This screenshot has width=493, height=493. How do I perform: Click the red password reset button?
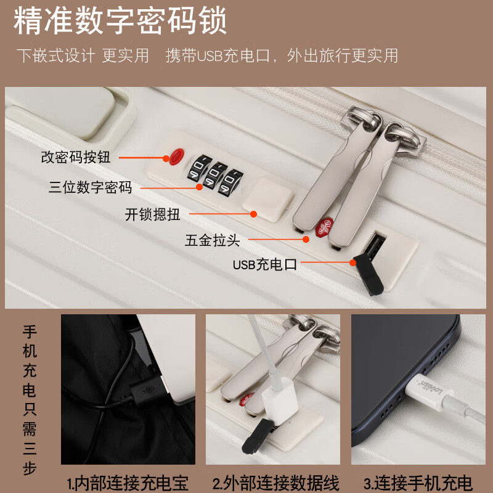pos(177,155)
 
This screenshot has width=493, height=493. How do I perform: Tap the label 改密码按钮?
pos(76,157)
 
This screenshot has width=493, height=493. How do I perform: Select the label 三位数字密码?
pos(91,187)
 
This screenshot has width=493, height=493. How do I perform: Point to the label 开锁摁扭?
pos(152,214)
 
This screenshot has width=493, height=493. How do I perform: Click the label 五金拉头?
pos(212,240)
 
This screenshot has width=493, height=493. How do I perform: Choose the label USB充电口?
pos(265,265)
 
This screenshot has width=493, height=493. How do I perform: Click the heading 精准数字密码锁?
pos(121,22)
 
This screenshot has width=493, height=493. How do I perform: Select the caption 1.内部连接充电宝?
pos(128,483)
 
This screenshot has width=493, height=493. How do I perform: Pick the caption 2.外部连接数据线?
pos(275,483)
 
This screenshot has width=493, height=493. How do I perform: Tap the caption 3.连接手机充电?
pos(418,483)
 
